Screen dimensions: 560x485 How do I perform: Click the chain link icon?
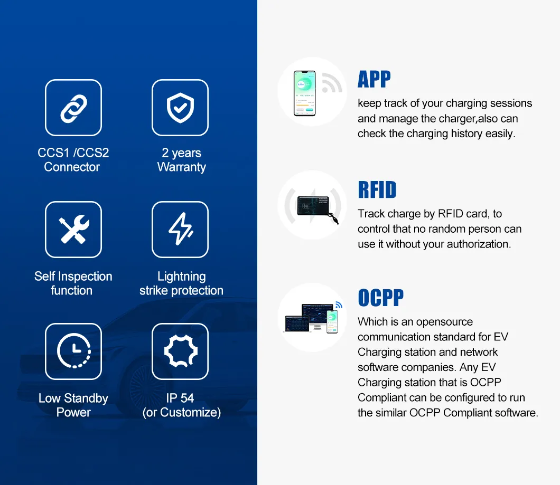73,109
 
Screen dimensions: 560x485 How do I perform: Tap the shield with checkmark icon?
180,108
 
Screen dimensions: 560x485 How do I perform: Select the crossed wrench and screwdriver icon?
74,230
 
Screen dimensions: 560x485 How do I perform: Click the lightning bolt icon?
181,229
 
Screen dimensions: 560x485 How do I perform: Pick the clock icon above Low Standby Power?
73,351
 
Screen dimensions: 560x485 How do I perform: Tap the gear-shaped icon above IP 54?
181,351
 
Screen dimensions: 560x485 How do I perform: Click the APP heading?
374,79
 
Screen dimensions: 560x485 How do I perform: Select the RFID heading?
377,189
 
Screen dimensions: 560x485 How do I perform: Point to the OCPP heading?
381,298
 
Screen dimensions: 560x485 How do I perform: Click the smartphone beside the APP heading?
305,93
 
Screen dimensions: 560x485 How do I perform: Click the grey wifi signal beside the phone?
331,83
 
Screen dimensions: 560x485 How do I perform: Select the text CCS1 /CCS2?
73,153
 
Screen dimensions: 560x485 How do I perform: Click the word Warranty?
181,167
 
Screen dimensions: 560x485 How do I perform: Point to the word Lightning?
181,277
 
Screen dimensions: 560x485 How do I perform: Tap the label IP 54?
180,398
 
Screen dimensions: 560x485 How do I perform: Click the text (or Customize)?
181,413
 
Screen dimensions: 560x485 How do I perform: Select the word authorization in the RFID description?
479,244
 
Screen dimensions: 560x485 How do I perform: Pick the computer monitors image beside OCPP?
310,318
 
